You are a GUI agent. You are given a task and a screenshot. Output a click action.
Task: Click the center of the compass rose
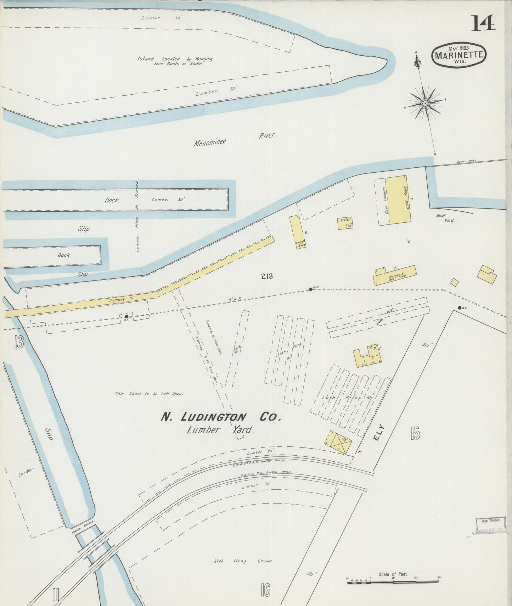pos(425,104)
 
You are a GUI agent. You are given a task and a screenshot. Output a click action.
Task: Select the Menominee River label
pos(234,139)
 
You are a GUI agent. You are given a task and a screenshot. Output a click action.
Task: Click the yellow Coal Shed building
pos(400,200)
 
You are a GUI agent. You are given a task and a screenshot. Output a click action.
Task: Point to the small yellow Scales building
pos(345,223)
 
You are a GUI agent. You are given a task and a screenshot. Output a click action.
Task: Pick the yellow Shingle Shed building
pos(298,232)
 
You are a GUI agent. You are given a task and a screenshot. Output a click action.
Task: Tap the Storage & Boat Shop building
pos(394,276)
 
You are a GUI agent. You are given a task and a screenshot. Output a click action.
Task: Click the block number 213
pos(267,276)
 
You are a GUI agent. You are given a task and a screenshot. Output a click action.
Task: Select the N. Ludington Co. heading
pos(221,417)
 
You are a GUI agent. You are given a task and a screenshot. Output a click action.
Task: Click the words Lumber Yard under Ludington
pos(221,430)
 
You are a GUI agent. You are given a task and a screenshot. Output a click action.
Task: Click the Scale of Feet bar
pos(393,581)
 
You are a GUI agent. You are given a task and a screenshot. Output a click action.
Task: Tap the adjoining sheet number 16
pos(265,590)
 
